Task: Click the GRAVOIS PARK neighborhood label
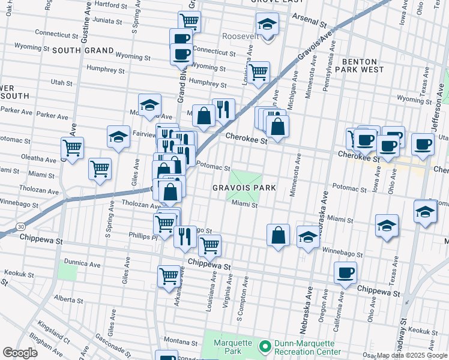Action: [x=244, y=188]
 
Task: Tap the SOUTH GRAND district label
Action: [x=83, y=50]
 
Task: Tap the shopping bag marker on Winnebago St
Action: [x=279, y=235]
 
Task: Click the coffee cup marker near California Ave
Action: [x=345, y=273]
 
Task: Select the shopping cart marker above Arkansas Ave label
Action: [x=169, y=275]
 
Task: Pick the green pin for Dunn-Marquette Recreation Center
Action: [x=264, y=346]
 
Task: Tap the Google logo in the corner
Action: [x=19, y=353]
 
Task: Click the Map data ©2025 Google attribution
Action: [x=412, y=355]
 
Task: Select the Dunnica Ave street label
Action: [x=83, y=263]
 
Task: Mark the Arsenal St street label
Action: [x=309, y=22]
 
